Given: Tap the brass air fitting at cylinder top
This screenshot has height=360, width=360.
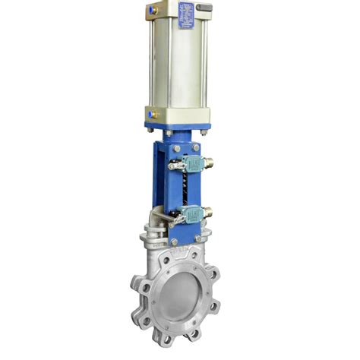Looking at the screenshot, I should point(153,10).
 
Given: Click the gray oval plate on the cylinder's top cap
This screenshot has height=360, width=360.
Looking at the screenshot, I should point(204,7).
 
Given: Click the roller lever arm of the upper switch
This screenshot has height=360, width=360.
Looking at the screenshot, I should point(175,166).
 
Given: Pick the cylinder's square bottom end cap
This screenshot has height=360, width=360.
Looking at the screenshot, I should point(179,115).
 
